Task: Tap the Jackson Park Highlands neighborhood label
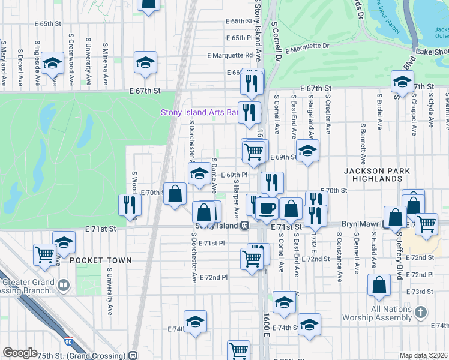[x=377, y=176]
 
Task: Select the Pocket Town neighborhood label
[x=100, y=260]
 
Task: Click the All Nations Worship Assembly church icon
[x=421, y=312]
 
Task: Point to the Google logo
[x=20, y=353]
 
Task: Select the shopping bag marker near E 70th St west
[x=175, y=194]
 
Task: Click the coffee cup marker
[x=267, y=208]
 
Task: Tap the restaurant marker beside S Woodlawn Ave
[x=130, y=204]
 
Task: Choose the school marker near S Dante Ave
[x=199, y=175]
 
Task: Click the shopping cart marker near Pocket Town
[x=44, y=254]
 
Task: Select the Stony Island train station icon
[x=245, y=226]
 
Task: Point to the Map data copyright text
[x=423, y=355]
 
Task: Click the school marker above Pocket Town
[x=64, y=242]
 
